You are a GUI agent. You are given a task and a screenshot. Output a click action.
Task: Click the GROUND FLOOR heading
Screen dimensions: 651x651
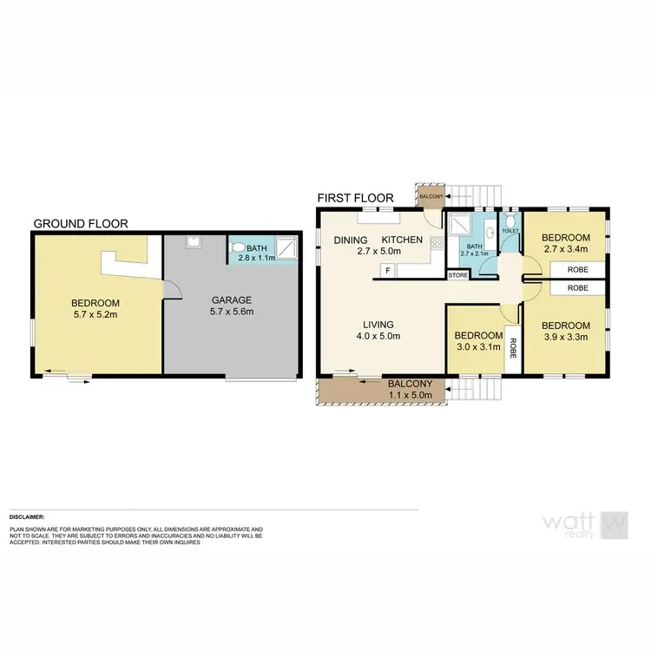(81, 223)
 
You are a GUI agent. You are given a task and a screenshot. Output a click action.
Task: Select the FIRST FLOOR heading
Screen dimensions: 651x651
(356, 198)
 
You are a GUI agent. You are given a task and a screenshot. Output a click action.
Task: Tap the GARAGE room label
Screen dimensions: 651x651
(233, 299)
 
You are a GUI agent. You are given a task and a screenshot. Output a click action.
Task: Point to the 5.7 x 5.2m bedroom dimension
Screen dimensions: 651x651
(96, 315)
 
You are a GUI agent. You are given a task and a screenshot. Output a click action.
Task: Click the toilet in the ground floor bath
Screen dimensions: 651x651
(240, 248)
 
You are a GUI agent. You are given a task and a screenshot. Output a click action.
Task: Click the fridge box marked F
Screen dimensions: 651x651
(387, 271)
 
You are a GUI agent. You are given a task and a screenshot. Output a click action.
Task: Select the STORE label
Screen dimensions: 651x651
(457, 275)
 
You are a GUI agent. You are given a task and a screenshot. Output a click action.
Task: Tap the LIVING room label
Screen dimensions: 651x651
(379, 325)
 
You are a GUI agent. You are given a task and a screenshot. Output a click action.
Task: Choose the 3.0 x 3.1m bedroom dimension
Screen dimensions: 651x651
(479, 347)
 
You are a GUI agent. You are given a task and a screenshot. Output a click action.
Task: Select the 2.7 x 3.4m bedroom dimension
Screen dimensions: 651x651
(566, 249)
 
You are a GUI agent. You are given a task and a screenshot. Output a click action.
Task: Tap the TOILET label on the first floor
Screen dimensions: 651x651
(510, 232)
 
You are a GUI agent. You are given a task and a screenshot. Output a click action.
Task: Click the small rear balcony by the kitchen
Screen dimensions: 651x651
(431, 196)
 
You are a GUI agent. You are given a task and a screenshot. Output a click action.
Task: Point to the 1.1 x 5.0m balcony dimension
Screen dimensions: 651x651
(406, 395)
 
